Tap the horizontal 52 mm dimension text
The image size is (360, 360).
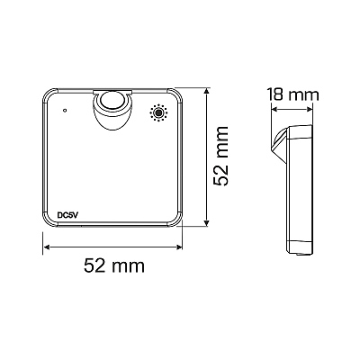tap(114, 265)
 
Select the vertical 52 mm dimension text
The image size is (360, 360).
tap(220, 157)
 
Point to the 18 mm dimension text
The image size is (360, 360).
tap(293, 94)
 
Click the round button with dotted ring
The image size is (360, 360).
tap(158, 113)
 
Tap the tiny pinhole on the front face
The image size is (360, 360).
tap(65, 110)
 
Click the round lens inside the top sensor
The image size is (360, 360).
tap(112, 100)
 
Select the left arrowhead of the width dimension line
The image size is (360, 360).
tap(47, 247)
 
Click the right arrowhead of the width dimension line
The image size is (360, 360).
tap(179, 247)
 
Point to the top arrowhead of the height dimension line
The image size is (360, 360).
tap(206, 91)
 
